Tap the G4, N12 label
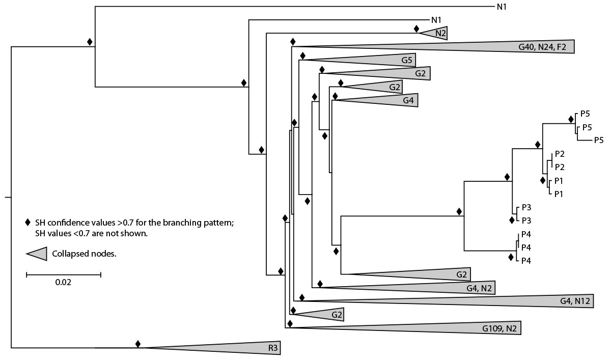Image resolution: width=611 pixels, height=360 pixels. click(x=574, y=301)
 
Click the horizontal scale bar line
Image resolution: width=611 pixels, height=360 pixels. click(x=64, y=274)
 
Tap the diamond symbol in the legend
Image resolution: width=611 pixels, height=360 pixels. click(x=29, y=223)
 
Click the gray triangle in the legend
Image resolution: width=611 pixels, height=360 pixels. click(x=37, y=253)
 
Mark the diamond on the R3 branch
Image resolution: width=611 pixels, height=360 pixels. click(x=137, y=344)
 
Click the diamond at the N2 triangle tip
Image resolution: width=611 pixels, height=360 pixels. click(x=416, y=29)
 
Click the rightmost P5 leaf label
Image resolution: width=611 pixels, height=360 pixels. click(x=598, y=140)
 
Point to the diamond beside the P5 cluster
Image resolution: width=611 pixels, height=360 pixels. click(x=572, y=119)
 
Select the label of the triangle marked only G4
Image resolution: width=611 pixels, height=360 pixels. click(x=408, y=100)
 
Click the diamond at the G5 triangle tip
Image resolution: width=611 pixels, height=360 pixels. click(x=303, y=56)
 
